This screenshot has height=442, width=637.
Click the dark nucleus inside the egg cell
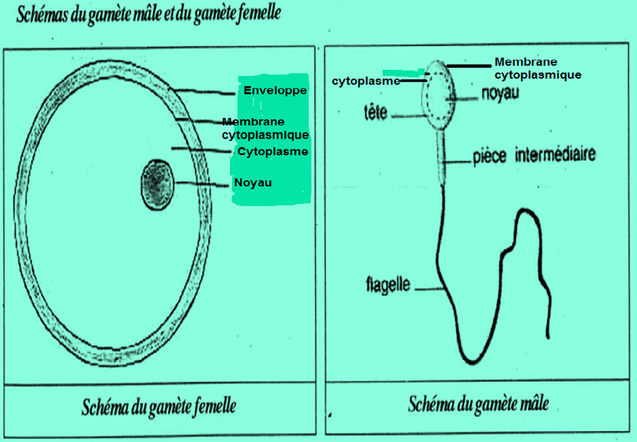(157, 185)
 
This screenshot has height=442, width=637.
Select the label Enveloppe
(275, 90)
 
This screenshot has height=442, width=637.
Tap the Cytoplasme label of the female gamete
(273, 151)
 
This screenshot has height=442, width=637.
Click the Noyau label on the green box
(253, 183)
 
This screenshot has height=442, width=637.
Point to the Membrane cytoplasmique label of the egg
(265, 128)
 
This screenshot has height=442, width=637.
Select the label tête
(376, 113)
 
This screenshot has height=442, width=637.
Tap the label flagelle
(388, 285)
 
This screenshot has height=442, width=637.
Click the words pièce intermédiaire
(534, 155)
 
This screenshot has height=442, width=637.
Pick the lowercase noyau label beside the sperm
(500, 94)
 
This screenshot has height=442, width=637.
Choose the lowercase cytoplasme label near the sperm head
(366, 81)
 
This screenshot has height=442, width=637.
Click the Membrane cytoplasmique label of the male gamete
(538, 69)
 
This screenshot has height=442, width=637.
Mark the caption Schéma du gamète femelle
(159, 407)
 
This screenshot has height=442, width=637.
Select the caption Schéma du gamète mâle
(478, 404)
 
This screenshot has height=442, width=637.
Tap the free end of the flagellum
(548, 336)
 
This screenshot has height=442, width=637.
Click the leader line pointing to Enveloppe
(204, 92)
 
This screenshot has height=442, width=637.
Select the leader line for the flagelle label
(429, 288)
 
